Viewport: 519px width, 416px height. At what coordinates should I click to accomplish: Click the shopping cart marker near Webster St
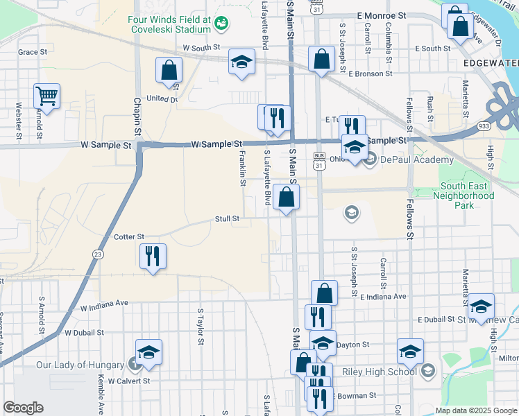pos(46,96)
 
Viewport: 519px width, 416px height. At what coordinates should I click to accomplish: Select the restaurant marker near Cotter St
pos(153,256)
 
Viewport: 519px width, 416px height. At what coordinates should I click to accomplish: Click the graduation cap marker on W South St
pos(242,62)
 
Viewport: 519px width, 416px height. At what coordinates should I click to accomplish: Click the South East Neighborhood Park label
pos(467,196)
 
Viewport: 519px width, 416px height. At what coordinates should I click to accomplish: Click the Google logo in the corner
pos(23,408)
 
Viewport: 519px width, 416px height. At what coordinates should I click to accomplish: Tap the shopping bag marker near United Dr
pos(169,69)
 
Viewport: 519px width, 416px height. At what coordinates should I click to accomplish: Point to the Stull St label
pos(227,218)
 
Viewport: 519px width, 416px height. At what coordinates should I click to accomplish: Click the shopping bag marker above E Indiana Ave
pos(324,293)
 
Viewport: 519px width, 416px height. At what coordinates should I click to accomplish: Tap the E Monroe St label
pos(381,15)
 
